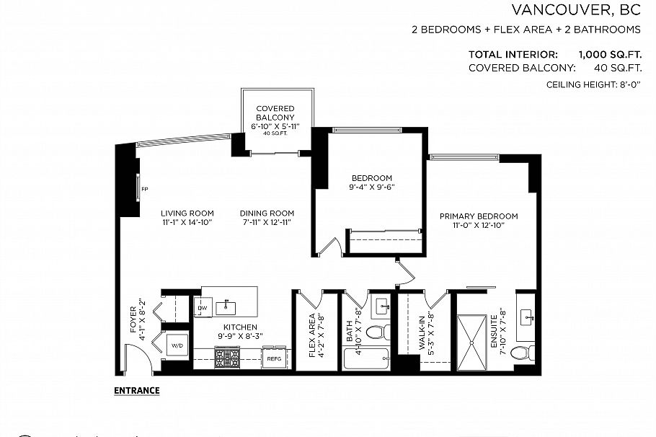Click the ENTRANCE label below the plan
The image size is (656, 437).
(x=137, y=391)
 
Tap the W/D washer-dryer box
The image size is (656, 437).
(x=177, y=345)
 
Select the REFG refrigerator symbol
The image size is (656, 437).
(x=274, y=358)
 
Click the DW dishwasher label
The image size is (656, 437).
(x=203, y=308)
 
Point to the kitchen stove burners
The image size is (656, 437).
(x=227, y=358)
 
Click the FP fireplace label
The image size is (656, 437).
(x=145, y=189)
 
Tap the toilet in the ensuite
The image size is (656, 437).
(x=522, y=353)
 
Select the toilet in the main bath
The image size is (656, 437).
(x=378, y=332)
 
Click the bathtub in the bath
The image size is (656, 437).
(x=366, y=358)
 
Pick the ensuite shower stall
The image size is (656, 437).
(x=472, y=343)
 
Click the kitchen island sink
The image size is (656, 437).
(x=226, y=308)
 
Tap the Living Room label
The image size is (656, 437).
(x=187, y=213)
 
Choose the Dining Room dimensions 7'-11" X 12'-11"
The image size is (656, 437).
(x=267, y=223)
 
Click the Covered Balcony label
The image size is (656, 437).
(x=275, y=113)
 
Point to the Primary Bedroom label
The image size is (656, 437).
(x=479, y=216)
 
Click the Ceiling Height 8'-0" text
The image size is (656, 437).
(x=593, y=84)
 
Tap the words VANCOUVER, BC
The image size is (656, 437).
(x=576, y=9)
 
